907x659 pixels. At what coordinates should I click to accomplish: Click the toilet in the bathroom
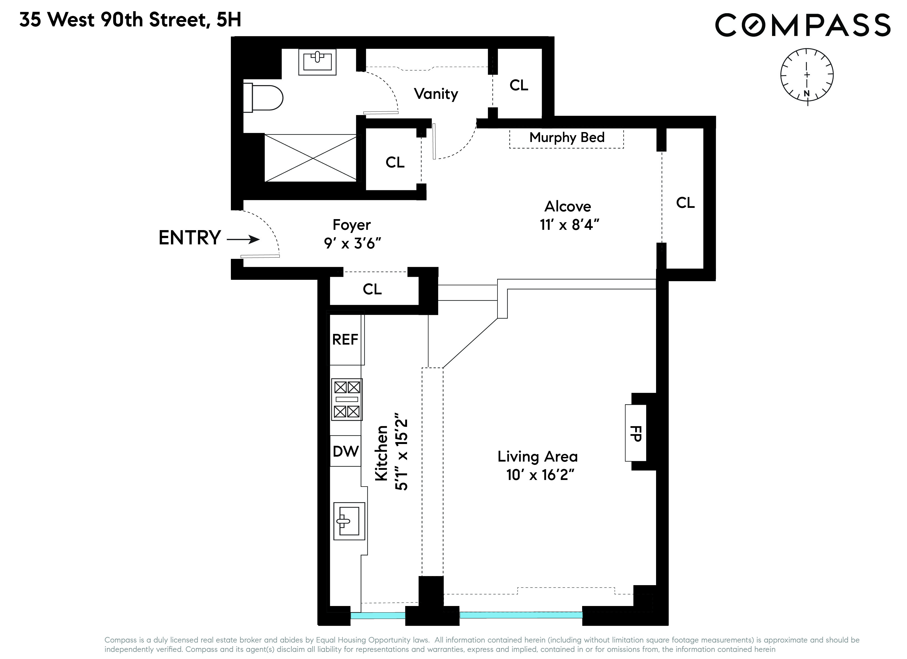[x=264, y=97]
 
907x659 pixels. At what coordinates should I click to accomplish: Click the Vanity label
[x=436, y=94]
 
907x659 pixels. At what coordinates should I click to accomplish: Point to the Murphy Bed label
[x=567, y=138]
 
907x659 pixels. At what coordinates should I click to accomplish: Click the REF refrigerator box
[x=345, y=340]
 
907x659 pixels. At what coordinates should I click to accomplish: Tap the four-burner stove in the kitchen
[x=347, y=399]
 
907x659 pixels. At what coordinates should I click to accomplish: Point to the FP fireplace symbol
[x=636, y=433]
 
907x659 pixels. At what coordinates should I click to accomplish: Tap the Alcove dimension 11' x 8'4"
[x=569, y=225]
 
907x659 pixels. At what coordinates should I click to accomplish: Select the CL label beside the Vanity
[x=519, y=85]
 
